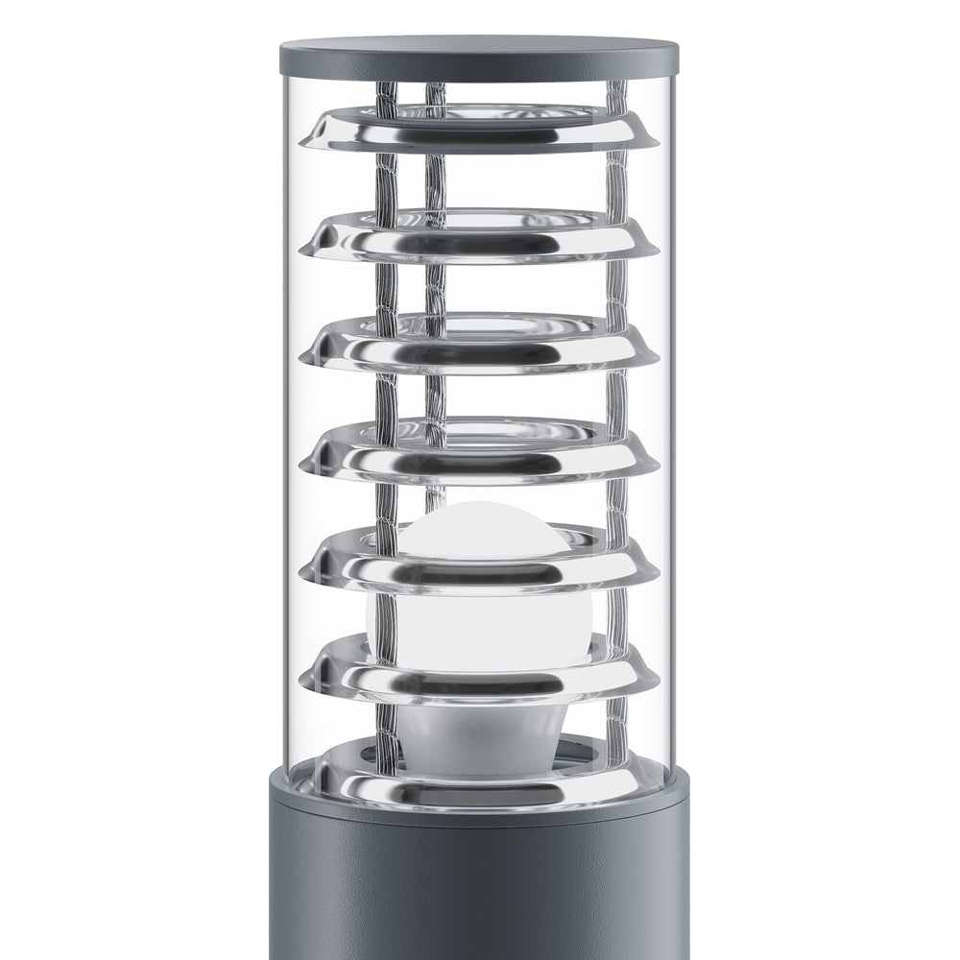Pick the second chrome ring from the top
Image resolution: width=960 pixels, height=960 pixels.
pos(480,239)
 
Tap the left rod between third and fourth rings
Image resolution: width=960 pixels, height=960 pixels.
pos(387,398)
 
